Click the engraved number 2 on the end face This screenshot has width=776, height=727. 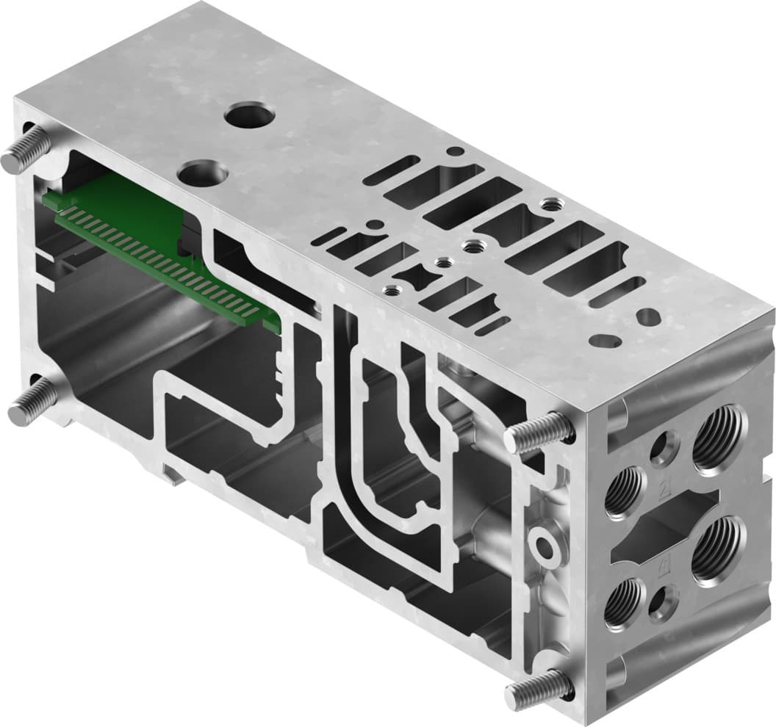click(x=666, y=487)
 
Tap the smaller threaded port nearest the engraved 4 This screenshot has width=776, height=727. click(x=625, y=603)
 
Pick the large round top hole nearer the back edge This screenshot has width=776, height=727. click(x=249, y=115)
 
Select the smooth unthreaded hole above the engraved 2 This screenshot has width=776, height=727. click(x=665, y=449)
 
